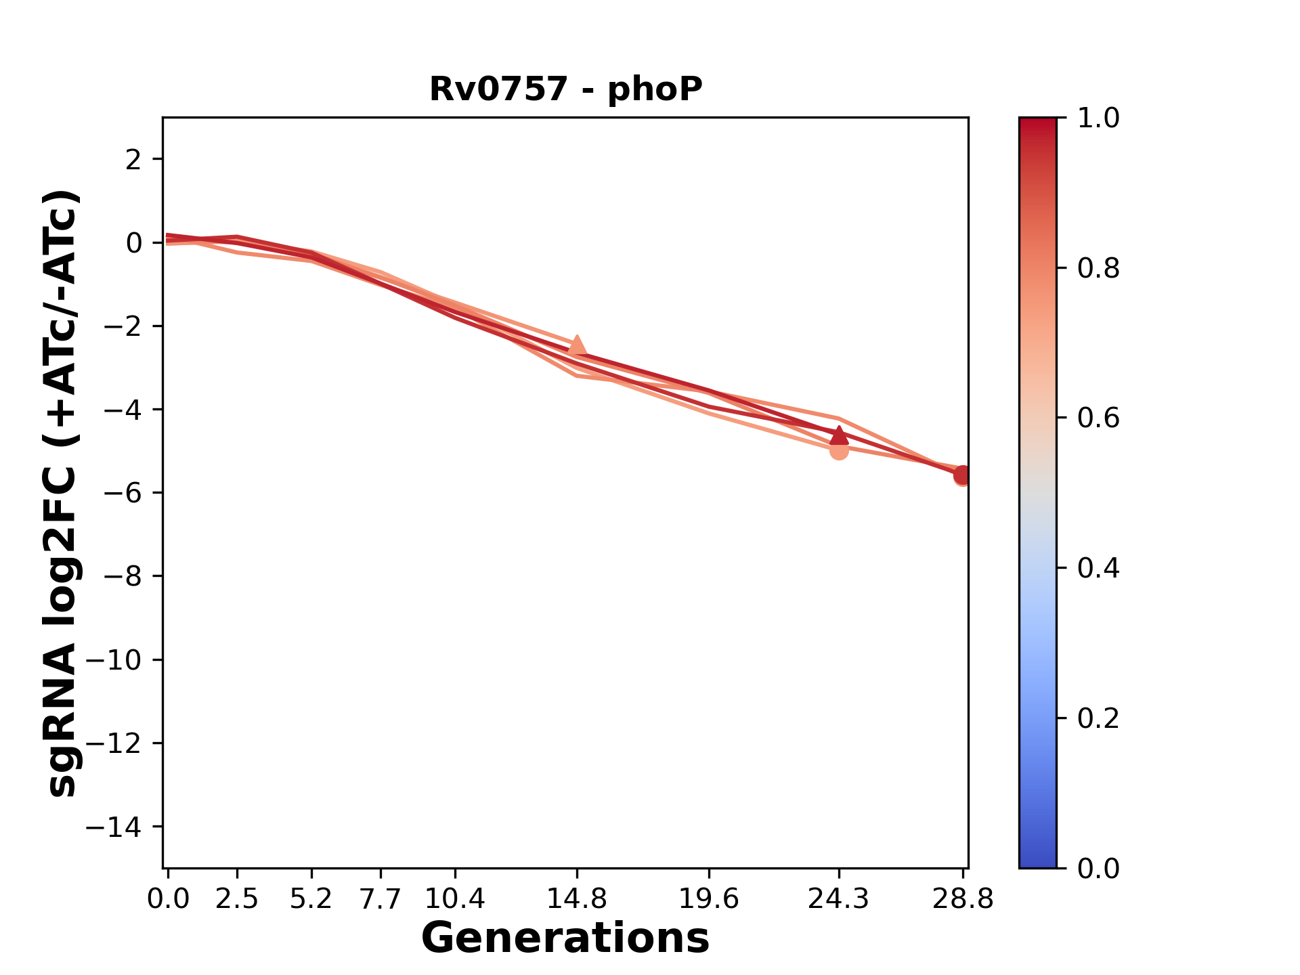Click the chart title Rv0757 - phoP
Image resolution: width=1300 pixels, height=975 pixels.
(566, 89)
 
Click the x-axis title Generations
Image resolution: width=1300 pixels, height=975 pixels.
(565, 938)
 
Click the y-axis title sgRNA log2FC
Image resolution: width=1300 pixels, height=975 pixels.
(63, 493)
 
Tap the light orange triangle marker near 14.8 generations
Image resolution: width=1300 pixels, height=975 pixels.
(577, 346)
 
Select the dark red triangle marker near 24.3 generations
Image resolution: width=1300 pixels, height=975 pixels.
(839, 435)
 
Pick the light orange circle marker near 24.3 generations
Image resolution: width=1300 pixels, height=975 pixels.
(839, 450)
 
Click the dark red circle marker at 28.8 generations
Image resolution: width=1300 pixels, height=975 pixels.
(962, 475)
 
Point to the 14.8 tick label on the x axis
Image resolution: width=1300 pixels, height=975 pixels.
(577, 899)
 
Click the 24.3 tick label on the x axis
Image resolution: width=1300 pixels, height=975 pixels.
(839, 899)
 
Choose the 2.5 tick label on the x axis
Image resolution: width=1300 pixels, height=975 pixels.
(237, 899)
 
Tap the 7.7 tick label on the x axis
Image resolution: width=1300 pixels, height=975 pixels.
(381, 899)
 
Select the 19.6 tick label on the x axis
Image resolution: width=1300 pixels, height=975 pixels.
(709, 899)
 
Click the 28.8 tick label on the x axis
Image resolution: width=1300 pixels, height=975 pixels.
(962, 899)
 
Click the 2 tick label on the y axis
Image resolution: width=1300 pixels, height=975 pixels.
(134, 159)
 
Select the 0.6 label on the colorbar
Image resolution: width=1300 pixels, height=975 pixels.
(1098, 418)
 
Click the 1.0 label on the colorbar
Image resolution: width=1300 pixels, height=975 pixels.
(1098, 118)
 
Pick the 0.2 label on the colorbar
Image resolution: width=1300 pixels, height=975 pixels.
(1098, 718)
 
